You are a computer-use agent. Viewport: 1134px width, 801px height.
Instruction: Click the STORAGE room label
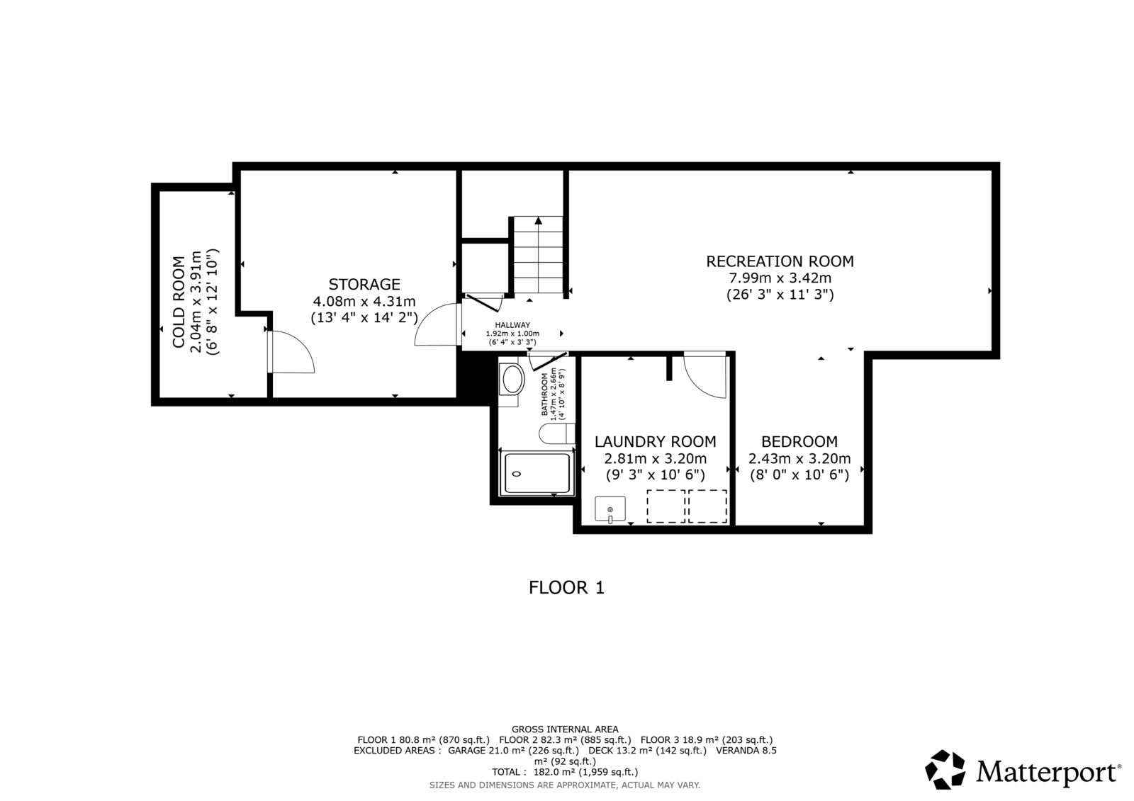364,284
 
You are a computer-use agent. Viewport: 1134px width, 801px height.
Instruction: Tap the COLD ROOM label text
179,302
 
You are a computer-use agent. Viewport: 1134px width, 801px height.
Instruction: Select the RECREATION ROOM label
780,261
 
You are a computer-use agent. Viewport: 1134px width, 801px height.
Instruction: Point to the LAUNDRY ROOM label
655,442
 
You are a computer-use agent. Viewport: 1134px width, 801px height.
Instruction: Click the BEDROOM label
799,442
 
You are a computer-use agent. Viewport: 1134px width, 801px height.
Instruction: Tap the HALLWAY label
512,325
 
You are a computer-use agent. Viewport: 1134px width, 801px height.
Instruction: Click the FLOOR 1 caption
566,587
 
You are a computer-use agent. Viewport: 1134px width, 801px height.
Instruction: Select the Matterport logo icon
945,769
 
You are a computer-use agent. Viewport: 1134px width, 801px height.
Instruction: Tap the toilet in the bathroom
557,433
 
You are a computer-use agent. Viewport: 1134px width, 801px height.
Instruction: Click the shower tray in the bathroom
537,473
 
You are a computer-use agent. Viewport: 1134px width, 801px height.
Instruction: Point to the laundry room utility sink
610,509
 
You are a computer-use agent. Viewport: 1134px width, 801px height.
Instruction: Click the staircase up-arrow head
538,221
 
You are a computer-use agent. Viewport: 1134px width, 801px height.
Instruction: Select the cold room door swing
291,352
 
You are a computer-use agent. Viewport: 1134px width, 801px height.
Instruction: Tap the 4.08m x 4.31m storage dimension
364,302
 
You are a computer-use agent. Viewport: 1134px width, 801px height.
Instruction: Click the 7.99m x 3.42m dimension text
780,278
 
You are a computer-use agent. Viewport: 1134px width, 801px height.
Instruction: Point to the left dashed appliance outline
666,506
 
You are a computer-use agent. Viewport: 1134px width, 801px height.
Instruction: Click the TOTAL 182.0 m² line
565,772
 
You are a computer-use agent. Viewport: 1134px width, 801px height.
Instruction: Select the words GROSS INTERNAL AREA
565,729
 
